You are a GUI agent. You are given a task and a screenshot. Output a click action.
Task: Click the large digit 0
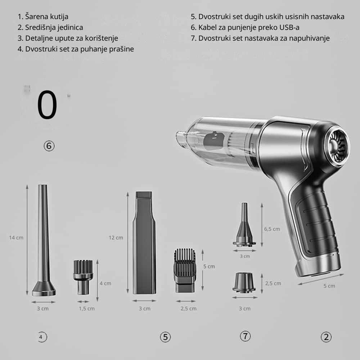(x=47, y=105)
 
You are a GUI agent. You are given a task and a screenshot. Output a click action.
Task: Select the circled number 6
(x=49, y=146)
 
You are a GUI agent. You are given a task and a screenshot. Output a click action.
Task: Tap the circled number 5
(x=165, y=337)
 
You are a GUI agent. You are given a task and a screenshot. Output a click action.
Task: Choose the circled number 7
(x=245, y=336)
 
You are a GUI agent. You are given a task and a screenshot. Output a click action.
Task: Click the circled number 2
(x=326, y=337)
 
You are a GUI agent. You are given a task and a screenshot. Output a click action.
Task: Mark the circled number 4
(x=41, y=337)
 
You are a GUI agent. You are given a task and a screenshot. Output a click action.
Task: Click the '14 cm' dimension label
(x=16, y=238)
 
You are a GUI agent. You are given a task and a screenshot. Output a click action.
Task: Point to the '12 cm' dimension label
(x=116, y=238)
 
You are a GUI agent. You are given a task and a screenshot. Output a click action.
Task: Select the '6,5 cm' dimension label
(x=272, y=229)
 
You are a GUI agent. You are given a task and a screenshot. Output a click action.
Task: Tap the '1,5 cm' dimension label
(x=86, y=309)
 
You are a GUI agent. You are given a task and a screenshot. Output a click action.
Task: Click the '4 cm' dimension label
(x=105, y=283)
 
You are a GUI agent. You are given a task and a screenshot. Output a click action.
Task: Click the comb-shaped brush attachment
(x=185, y=270)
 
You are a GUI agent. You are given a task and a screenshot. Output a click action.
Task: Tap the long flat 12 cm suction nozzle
(x=144, y=242)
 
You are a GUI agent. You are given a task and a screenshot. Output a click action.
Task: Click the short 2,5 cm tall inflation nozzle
(x=244, y=283)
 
